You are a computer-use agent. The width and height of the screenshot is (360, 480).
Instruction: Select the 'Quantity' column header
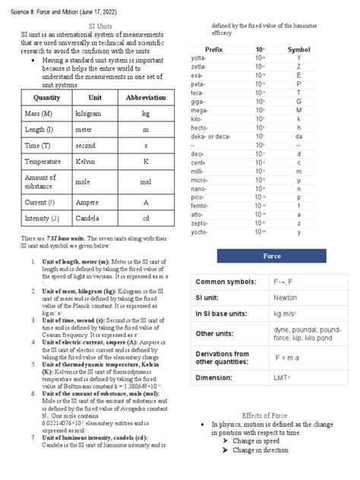pos(47,98)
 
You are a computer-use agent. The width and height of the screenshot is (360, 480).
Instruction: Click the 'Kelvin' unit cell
pos(84,162)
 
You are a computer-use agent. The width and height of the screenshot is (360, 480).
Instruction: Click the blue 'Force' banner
pos(272,256)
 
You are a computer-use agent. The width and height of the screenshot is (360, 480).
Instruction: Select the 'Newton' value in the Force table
pos(286,298)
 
